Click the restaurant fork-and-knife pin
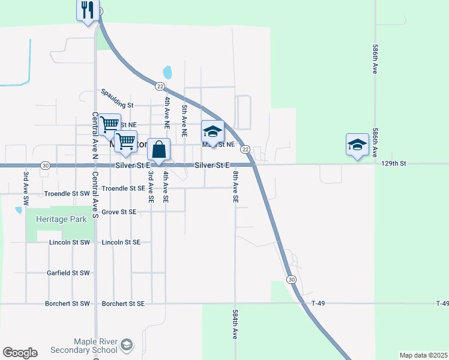(x=88, y=10)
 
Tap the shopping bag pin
(x=159, y=149)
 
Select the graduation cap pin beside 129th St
(x=357, y=145)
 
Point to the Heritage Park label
(x=61, y=220)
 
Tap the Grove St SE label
(x=119, y=212)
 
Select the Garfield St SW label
(x=68, y=272)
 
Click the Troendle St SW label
(x=67, y=194)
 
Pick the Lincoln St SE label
(x=121, y=242)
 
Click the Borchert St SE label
(x=123, y=304)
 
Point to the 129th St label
(x=394, y=163)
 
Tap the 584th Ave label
(x=235, y=325)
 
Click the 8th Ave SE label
(x=236, y=186)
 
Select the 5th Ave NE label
(x=184, y=121)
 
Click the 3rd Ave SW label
(x=26, y=189)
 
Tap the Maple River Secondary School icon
(x=126, y=344)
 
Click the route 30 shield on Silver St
(x=45, y=165)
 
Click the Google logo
(x=20, y=353)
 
